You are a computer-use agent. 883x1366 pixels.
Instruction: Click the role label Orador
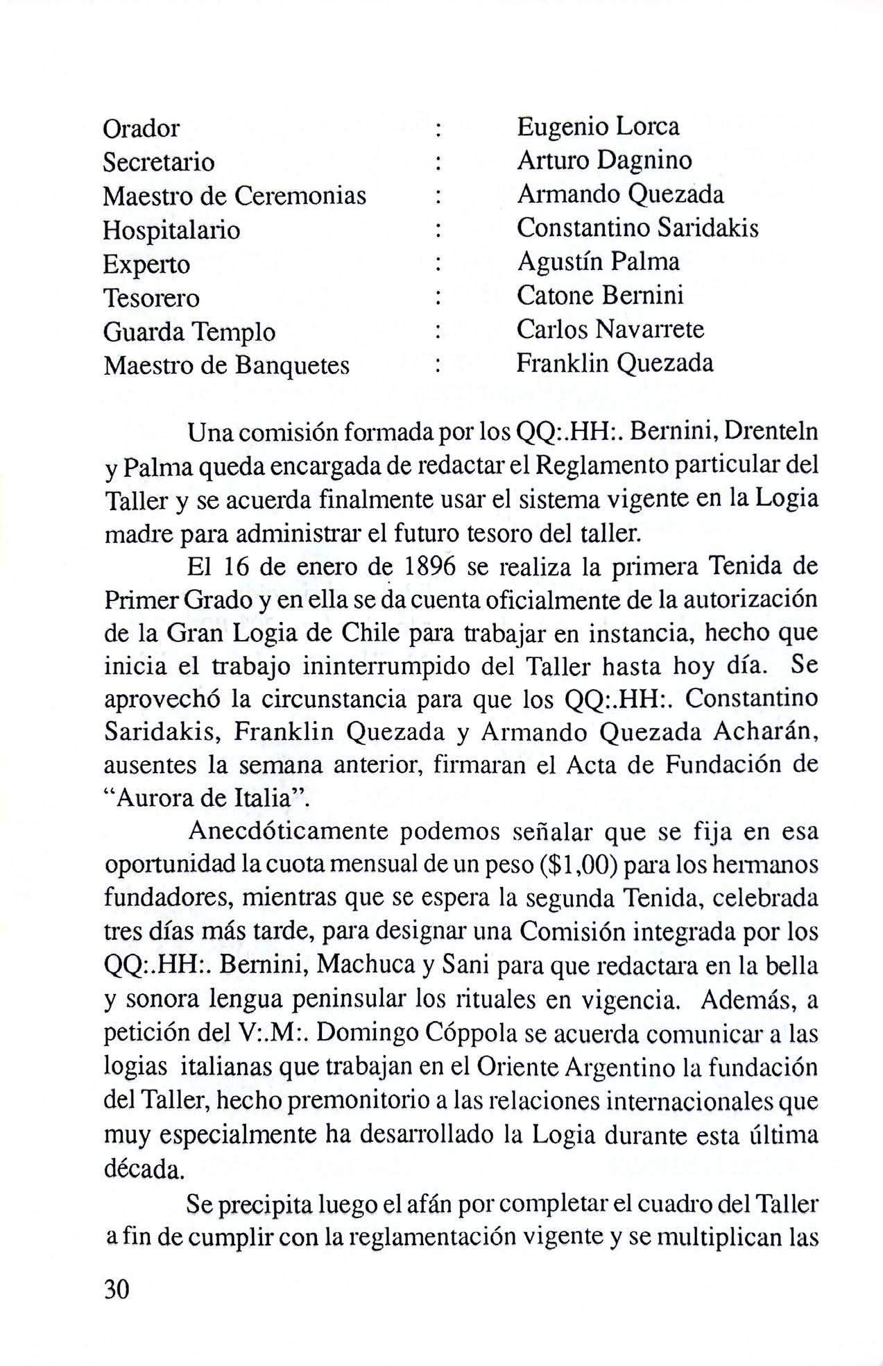[x=141, y=128]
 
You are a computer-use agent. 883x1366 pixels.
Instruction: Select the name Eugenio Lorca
[x=598, y=126]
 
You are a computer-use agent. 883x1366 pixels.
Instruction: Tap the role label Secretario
[x=159, y=162]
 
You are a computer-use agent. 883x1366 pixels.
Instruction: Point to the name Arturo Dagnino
[x=604, y=160]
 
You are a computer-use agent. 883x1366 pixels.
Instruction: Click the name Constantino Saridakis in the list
[x=637, y=228]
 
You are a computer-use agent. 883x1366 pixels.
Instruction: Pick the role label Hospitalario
[x=171, y=230]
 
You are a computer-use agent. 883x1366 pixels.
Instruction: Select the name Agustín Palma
[x=598, y=262]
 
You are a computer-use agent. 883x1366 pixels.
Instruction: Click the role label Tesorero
[x=151, y=298]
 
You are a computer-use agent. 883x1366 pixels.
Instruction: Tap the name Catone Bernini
[x=600, y=296]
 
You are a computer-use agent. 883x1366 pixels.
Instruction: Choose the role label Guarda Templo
[x=189, y=332]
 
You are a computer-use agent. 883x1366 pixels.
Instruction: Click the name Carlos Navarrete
[x=610, y=329]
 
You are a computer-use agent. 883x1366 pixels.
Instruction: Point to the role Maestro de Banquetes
[x=226, y=365]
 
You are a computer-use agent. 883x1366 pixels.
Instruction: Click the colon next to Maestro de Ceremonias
[x=437, y=196]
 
